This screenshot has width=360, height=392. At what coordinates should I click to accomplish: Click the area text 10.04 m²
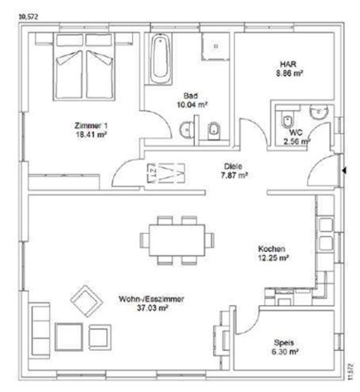pos(191,104)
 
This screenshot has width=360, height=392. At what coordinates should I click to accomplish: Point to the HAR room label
pos(286,63)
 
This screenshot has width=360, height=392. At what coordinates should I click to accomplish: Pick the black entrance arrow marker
pos(343,169)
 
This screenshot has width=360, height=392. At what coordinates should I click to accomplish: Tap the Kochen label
pos(272,249)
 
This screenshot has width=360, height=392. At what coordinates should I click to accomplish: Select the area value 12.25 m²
pos(273,258)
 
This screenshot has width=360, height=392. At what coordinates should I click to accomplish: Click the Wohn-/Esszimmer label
pos(152,299)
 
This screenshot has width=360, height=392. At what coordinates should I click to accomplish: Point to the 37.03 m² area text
pos(153,309)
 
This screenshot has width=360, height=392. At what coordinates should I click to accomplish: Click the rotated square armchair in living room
pos(85,300)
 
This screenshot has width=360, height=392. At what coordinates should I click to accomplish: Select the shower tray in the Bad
pos(210,47)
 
